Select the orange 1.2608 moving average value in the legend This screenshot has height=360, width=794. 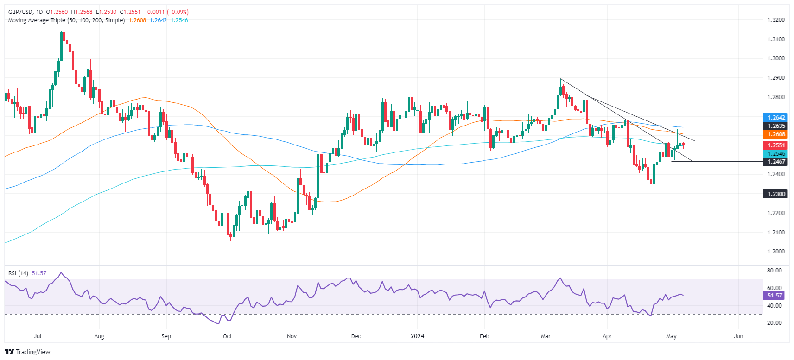(x=137, y=20)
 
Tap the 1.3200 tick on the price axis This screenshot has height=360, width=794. (x=775, y=20)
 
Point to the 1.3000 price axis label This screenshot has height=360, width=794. (x=775, y=58)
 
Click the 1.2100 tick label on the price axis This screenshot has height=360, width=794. (x=775, y=233)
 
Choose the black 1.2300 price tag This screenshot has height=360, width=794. (x=775, y=194)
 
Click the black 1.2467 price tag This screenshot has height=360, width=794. (x=775, y=162)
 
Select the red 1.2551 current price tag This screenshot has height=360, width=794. (x=775, y=145)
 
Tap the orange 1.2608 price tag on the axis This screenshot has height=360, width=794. (x=775, y=134)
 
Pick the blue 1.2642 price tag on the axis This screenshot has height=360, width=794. (x=775, y=118)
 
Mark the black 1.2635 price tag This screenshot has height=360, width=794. (x=775, y=126)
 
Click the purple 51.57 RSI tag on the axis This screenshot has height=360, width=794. (x=775, y=296)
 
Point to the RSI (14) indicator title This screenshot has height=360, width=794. (x=19, y=273)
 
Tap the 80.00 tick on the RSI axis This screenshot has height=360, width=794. (x=775, y=271)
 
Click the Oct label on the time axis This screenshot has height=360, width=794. (x=227, y=336)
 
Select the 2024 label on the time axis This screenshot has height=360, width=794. (x=417, y=336)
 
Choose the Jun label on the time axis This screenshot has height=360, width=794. (x=738, y=336)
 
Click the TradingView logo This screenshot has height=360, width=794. (x=27, y=352)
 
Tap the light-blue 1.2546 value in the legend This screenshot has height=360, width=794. (x=179, y=20)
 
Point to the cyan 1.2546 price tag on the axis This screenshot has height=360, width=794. (x=775, y=154)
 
